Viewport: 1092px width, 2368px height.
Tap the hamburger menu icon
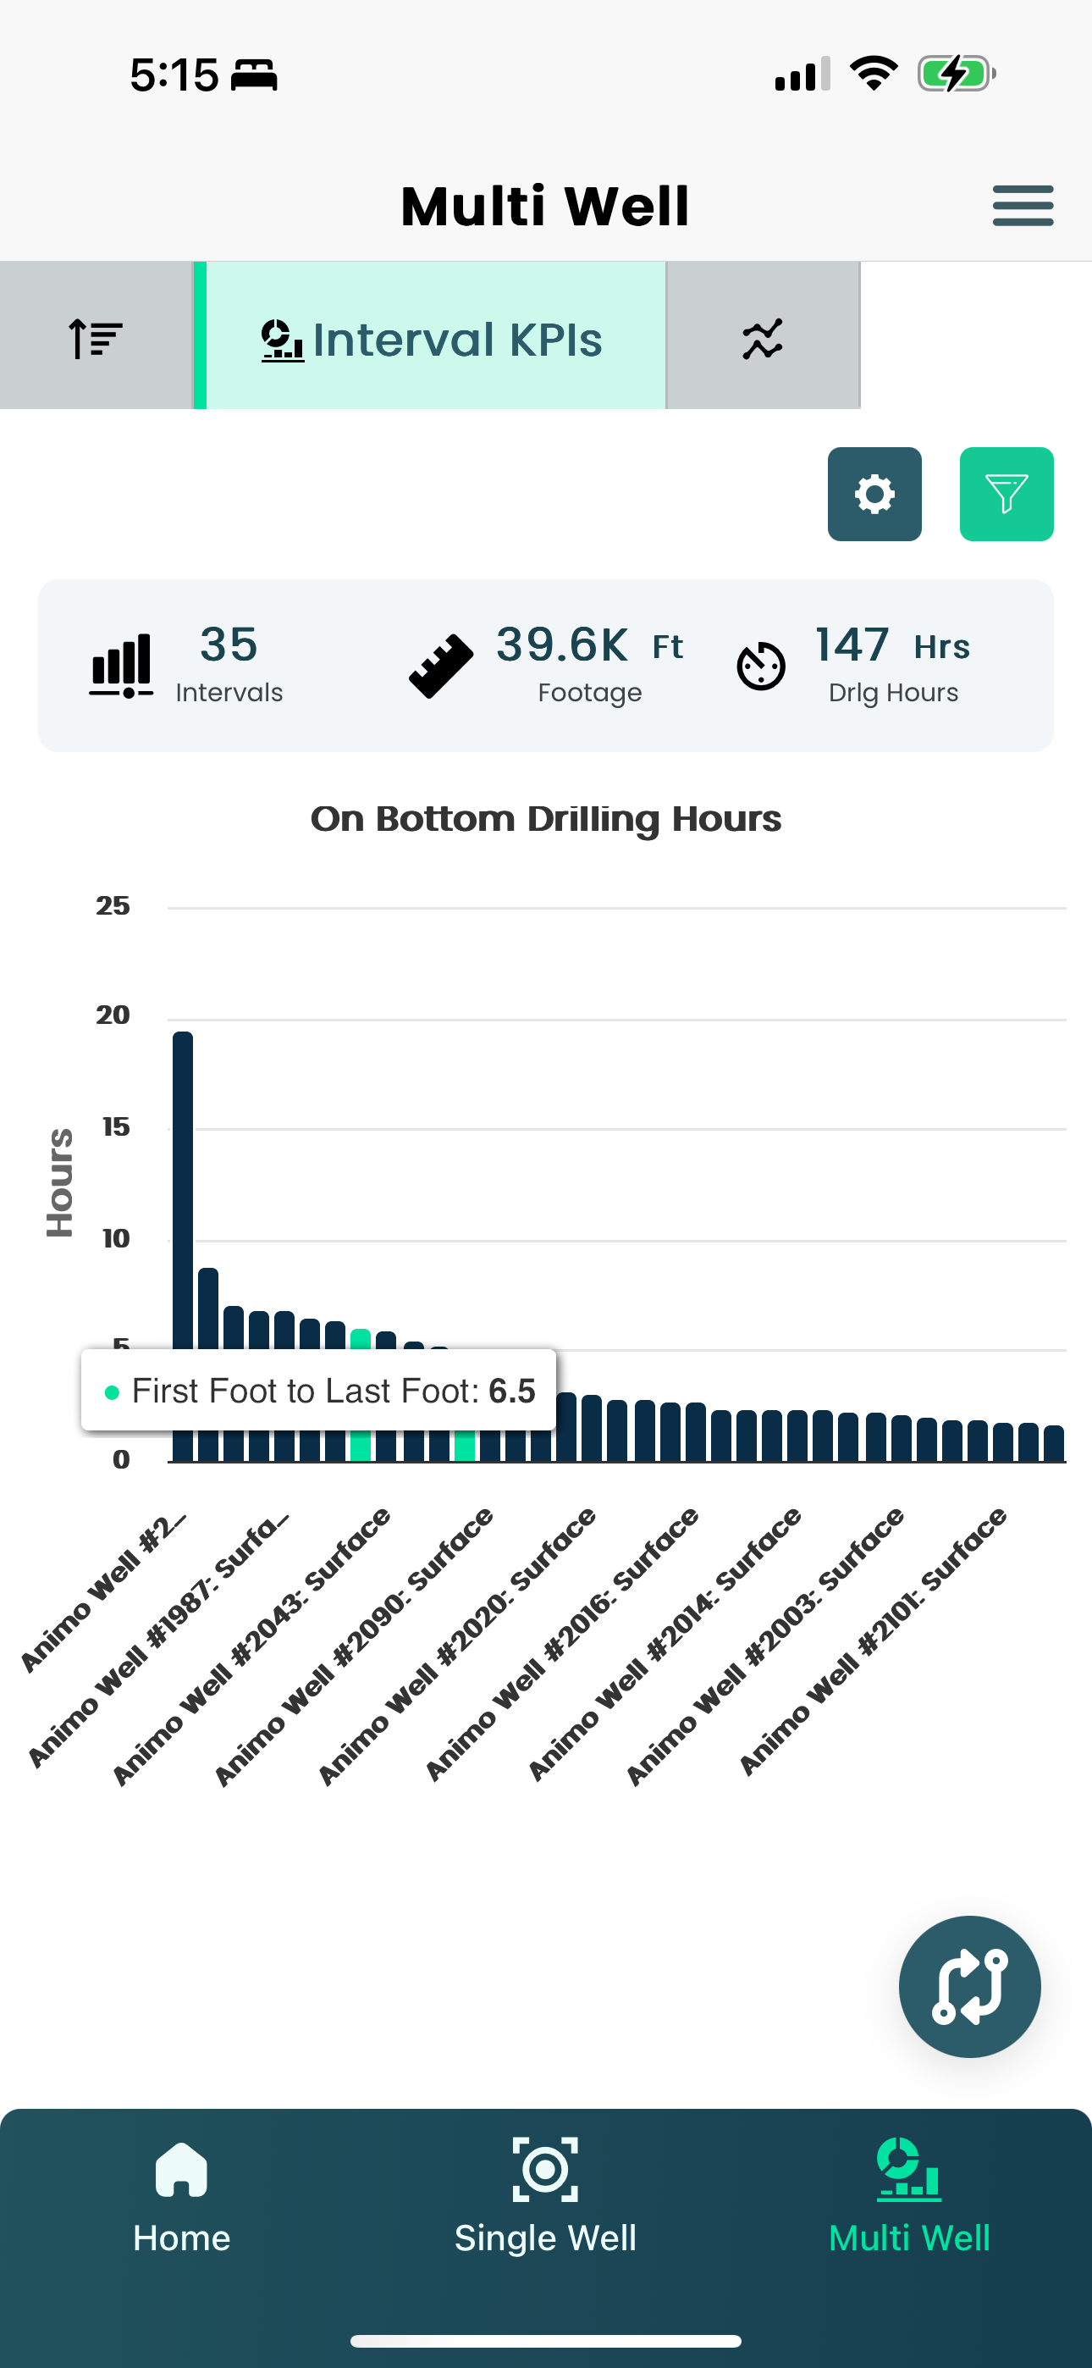pyautogui.click(x=1022, y=205)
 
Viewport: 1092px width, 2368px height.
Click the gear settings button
pyautogui.click(x=874, y=495)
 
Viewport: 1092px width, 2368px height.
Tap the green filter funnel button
pyautogui.click(x=1006, y=495)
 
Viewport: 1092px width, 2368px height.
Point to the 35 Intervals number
pyautogui.click(x=228, y=645)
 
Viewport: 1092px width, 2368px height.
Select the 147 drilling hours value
pyautogui.click(x=852, y=645)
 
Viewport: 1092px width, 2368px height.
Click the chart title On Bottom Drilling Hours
pyautogui.click(x=546, y=819)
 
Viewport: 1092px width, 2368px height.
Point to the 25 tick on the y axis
pyautogui.click(x=113, y=906)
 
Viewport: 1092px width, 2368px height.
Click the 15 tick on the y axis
pyautogui.click(x=116, y=1127)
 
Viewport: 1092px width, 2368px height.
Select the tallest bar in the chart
pyautogui.click(x=183, y=1195)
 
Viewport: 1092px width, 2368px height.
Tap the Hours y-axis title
pyautogui.click(x=60, y=1182)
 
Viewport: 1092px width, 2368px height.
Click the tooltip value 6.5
pyautogui.click(x=512, y=1391)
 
